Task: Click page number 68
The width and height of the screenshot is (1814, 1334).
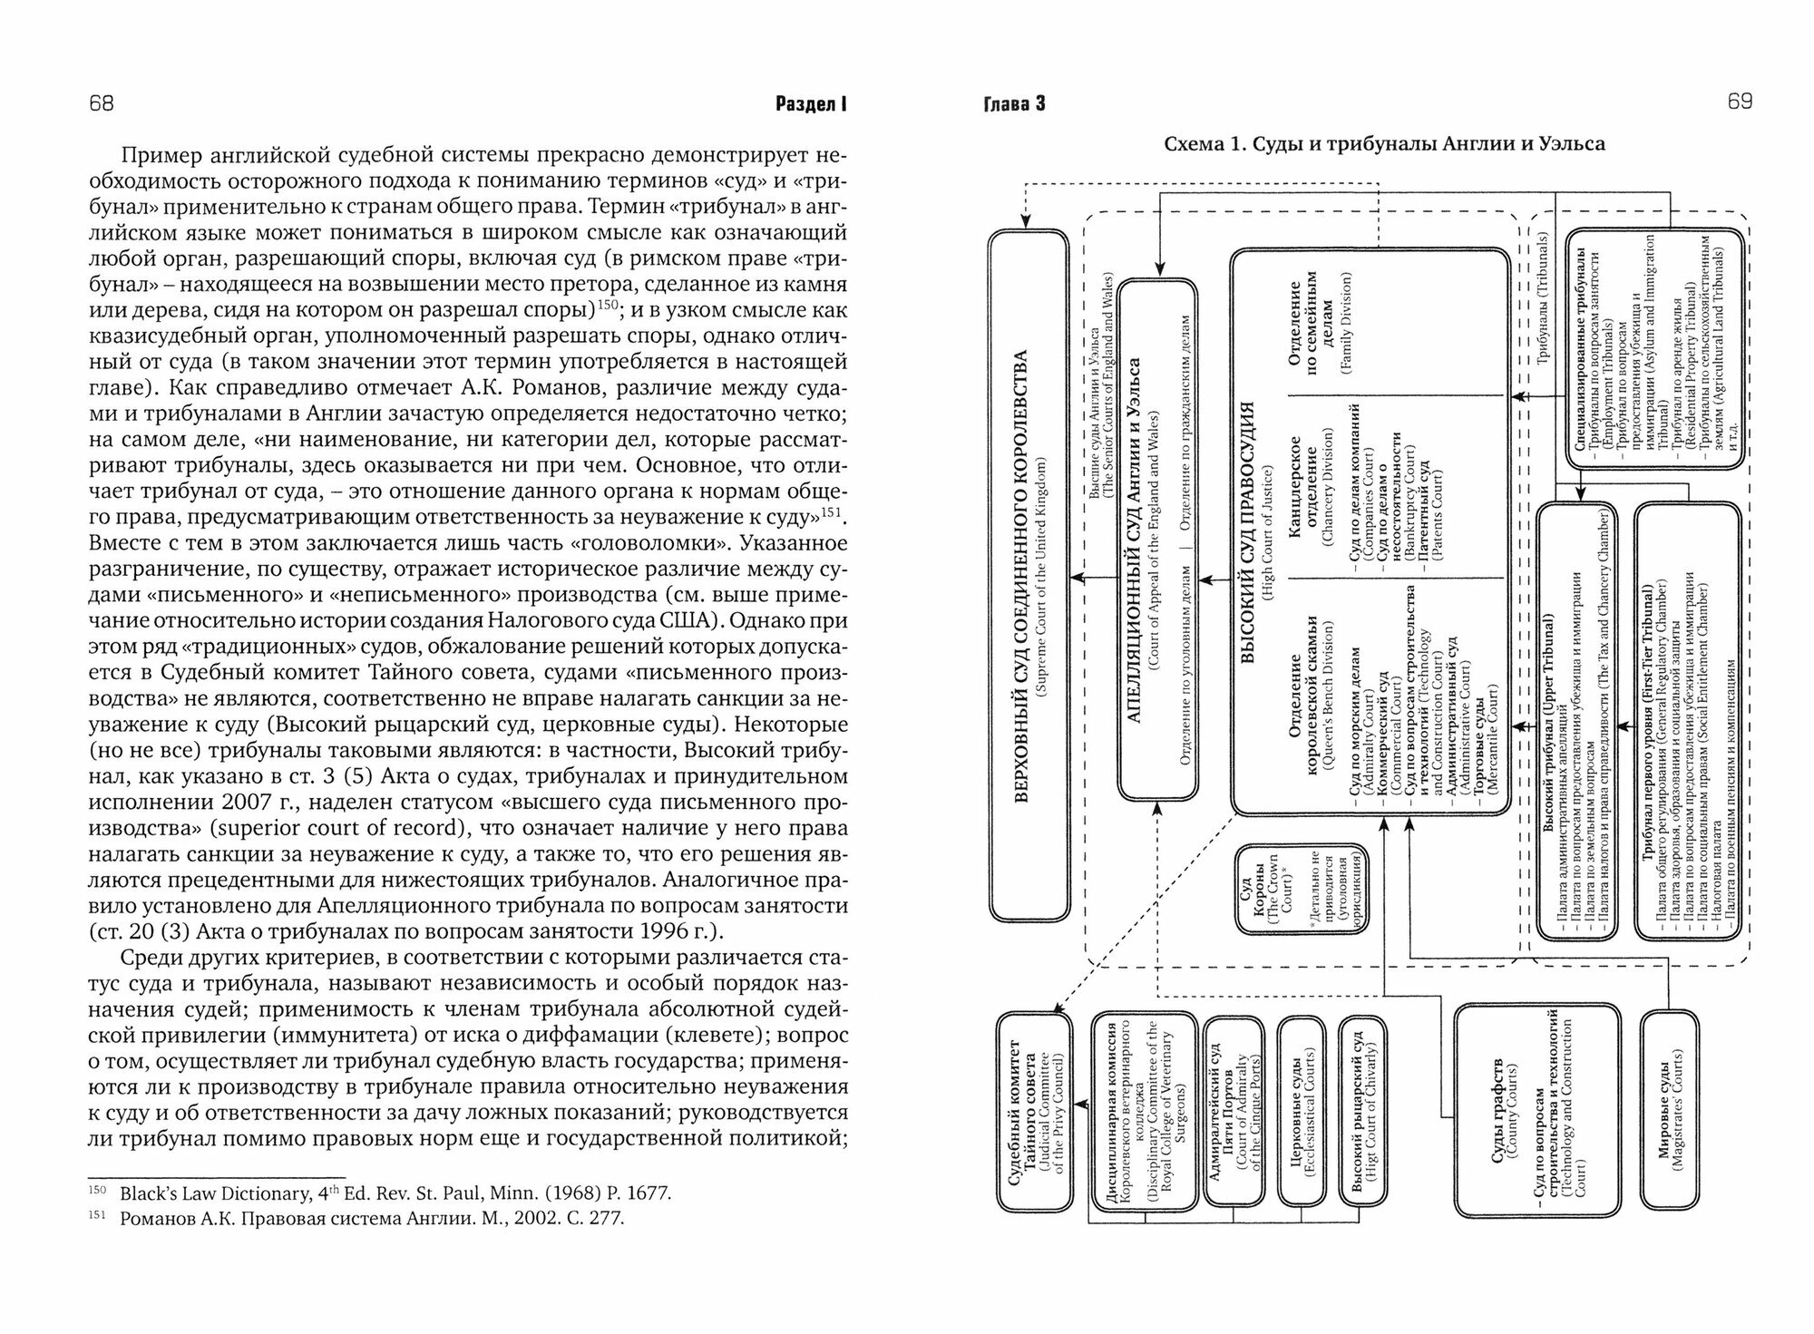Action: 101,103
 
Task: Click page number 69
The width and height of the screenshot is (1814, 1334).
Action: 1739,102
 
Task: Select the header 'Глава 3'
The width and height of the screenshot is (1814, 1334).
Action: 1015,104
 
